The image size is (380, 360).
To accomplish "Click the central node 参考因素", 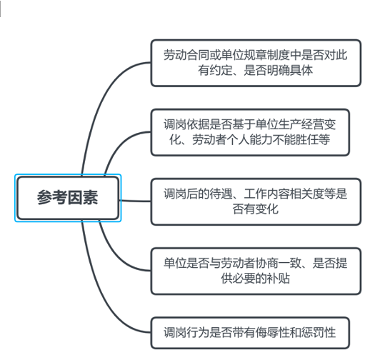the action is (68, 198).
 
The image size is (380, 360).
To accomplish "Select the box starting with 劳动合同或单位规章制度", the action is (256, 63).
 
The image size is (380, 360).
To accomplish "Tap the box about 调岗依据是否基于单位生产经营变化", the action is (250, 132).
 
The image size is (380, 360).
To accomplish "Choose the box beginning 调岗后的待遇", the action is (256, 201).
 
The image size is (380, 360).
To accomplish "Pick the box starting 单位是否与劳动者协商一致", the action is (256, 271).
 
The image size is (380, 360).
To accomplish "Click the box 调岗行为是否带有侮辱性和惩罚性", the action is (250, 333).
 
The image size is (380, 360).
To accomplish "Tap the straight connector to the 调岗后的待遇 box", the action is (135, 201).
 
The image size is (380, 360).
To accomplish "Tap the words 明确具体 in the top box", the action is (289, 71).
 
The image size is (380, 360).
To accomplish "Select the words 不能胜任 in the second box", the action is (295, 140).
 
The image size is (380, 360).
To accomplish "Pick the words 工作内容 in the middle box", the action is (266, 194).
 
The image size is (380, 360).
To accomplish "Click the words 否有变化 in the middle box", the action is (256, 209).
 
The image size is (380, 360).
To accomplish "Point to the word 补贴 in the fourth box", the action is (279, 279).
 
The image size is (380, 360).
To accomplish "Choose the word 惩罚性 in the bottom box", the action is (318, 333).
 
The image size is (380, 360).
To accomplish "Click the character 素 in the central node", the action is (90, 198).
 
